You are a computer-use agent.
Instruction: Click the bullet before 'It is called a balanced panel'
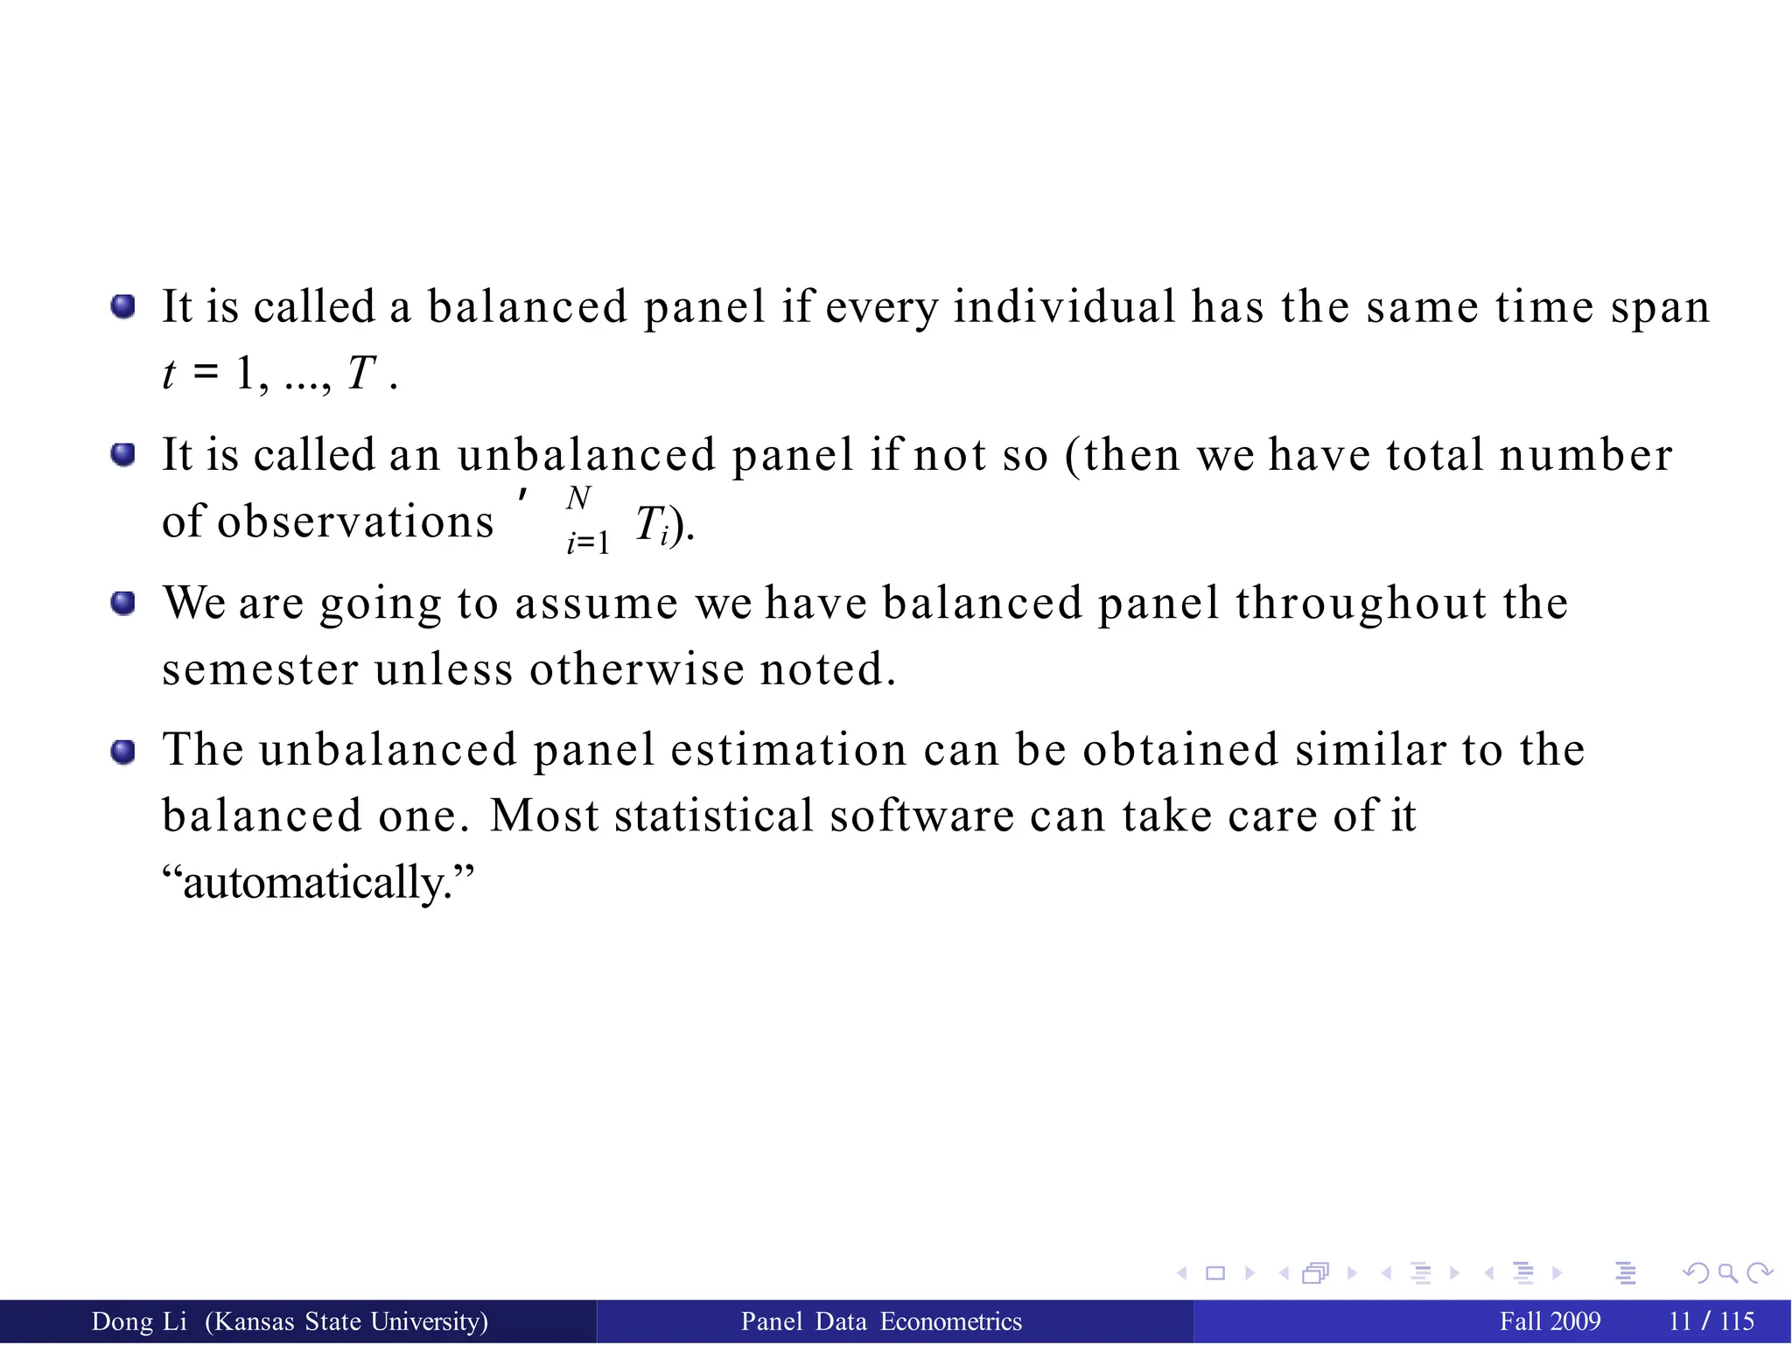[123, 306]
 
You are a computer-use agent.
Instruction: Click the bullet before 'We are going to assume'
[123, 603]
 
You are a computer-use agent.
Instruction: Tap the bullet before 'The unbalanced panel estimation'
[123, 751]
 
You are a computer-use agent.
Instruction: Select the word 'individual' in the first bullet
[1064, 307]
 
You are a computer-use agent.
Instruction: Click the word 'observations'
[355, 522]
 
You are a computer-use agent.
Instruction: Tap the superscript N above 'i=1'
[578, 498]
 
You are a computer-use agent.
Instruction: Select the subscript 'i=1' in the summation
[587, 543]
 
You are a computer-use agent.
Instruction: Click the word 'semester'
[260, 670]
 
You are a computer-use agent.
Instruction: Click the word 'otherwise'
[636, 670]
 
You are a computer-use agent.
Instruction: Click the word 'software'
[921, 816]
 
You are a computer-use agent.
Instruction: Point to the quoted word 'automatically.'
[318, 882]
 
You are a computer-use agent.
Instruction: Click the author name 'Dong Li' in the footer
[139, 1321]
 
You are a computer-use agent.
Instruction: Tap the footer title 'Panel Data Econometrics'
[881, 1321]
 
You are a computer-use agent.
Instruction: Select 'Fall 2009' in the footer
[1550, 1321]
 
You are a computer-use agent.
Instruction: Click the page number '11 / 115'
[1711, 1321]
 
